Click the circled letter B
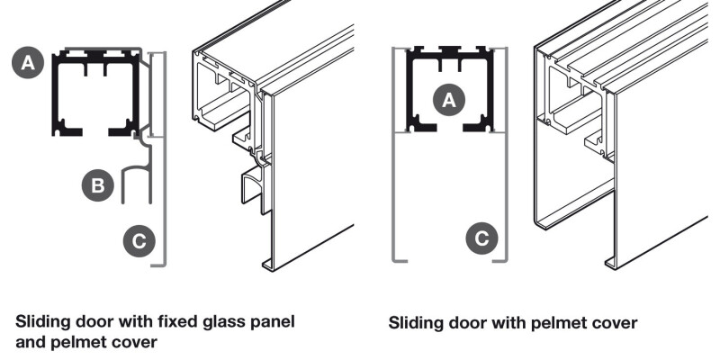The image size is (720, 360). [x=97, y=186]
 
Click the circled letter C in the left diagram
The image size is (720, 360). [x=138, y=240]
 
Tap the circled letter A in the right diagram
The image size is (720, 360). [x=449, y=101]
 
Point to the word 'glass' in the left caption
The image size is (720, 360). [x=216, y=320]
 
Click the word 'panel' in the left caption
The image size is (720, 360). [x=268, y=320]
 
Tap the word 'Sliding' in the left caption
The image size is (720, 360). [x=42, y=320]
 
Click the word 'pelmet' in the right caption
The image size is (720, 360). [x=562, y=321]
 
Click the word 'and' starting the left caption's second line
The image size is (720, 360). [x=31, y=341]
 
